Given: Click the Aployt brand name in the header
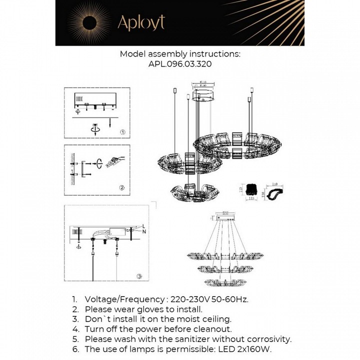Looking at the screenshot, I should click(141, 22).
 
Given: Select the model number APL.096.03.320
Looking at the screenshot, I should click(180, 64).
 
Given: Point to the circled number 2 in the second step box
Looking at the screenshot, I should click(121, 187).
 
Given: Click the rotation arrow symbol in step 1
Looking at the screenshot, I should click(94, 128).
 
